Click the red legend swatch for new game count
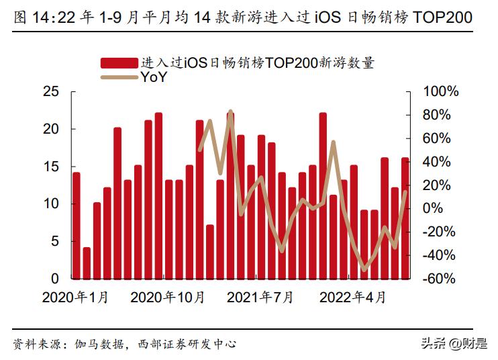(x=120, y=63)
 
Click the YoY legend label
(x=154, y=77)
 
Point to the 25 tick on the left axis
(x=51, y=91)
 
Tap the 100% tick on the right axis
(x=440, y=91)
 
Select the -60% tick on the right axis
(x=440, y=279)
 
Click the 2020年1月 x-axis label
(x=74, y=298)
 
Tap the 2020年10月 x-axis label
(x=167, y=298)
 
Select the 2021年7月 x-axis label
(x=260, y=298)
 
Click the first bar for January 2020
(x=76, y=225)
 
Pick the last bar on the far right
(x=405, y=218)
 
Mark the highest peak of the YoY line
(x=230, y=111)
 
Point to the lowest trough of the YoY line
(x=364, y=269)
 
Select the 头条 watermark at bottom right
(x=434, y=343)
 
